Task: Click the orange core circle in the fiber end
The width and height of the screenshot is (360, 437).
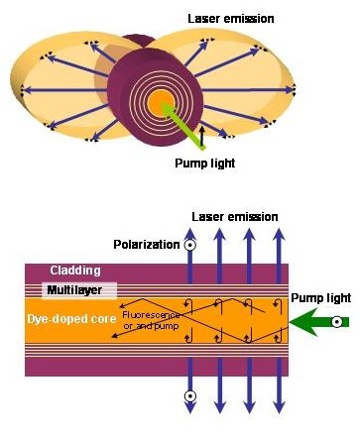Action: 160,102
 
